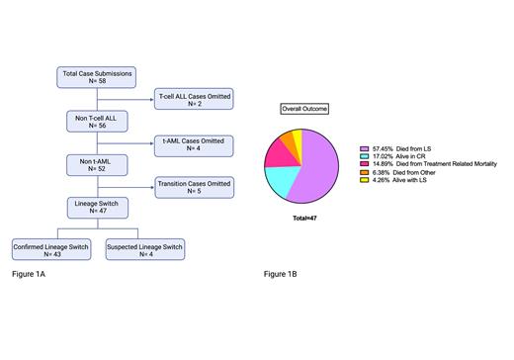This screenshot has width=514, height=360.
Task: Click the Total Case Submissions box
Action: pyautogui.click(x=97, y=76)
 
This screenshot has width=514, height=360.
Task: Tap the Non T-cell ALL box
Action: pyautogui.click(x=97, y=120)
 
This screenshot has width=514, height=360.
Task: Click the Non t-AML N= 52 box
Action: pyautogui.click(x=97, y=163)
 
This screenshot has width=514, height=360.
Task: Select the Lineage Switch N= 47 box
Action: pyautogui.click(x=97, y=206)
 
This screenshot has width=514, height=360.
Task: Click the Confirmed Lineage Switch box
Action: pyautogui.click(x=51, y=248)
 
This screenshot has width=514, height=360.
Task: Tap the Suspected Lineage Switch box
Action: pyautogui.click(x=144, y=248)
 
